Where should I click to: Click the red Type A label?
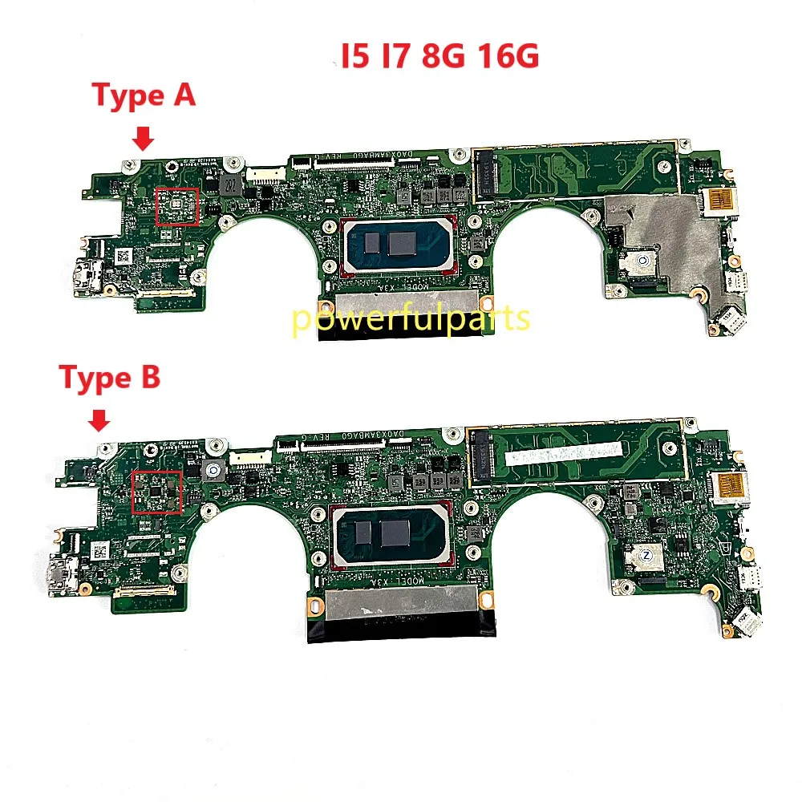pos(144,95)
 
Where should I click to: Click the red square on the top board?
pos(177,207)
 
